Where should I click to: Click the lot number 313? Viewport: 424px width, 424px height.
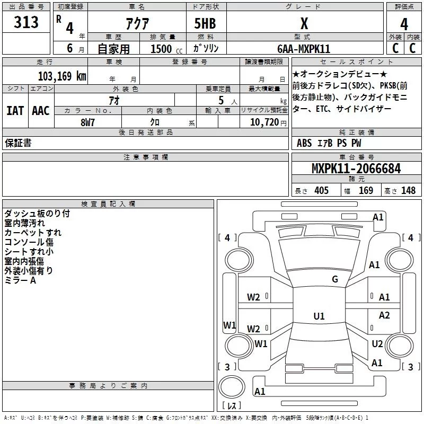click(x=26, y=22)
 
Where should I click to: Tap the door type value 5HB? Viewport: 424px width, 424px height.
click(x=205, y=24)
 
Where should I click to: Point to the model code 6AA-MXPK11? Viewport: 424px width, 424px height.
click(x=304, y=49)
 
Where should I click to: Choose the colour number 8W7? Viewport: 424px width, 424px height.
click(x=87, y=122)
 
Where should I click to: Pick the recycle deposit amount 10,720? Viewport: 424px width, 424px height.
click(x=260, y=122)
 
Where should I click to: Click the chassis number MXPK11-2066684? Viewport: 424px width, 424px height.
click(x=356, y=169)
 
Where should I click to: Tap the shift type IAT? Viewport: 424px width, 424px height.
click(x=15, y=111)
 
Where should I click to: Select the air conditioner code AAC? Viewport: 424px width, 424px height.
click(x=41, y=111)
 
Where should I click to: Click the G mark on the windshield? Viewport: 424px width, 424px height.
click(x=334, y=279)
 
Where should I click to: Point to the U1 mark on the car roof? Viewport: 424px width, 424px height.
click(x=319, y=316)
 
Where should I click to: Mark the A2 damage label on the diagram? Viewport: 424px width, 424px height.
click(x=384, y=315)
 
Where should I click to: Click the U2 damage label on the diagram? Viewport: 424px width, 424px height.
click(x=377, y=344)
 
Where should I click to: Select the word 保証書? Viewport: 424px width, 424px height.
click(x=18, y=143)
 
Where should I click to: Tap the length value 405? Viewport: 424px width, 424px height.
click(x=321, y=190)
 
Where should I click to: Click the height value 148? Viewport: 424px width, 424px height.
click(x=408, y=190)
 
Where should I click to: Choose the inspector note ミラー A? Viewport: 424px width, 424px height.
click(x=20, y=280)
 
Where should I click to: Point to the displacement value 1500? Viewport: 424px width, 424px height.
click(x=161, y=49)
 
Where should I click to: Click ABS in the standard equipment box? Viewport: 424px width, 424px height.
click(x=304, y=143)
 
